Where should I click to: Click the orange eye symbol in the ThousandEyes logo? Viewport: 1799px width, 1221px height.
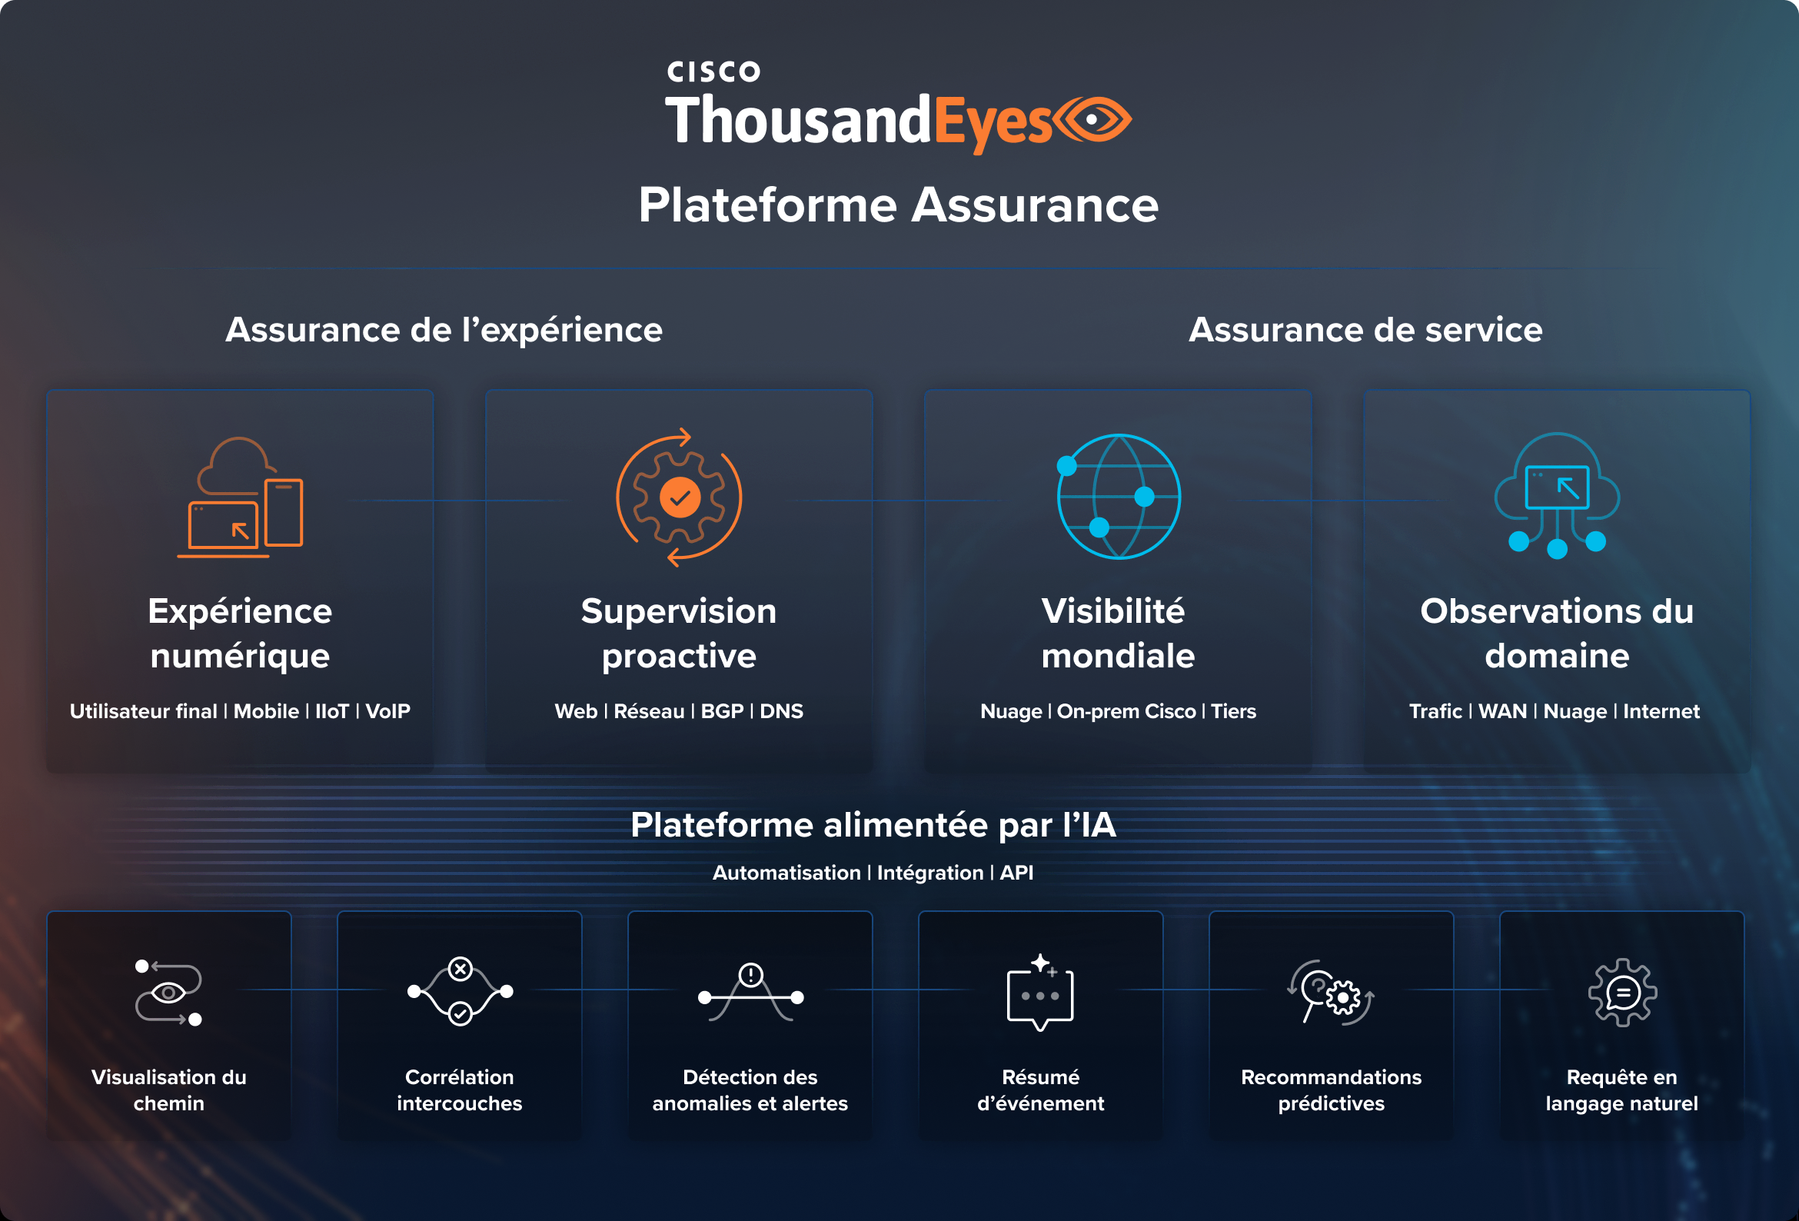(x=1093, y=120)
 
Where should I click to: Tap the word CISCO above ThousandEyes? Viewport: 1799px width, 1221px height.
(x=713, y=72)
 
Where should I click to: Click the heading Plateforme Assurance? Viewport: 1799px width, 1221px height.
(x=898, y=205)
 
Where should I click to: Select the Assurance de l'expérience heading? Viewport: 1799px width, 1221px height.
(x=444, y=330)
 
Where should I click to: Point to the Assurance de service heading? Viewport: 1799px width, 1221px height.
(x=1365, y=330)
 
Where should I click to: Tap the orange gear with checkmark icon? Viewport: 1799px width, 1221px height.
(x=679, y=497)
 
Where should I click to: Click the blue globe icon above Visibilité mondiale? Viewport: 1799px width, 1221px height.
(x=1119, y=496)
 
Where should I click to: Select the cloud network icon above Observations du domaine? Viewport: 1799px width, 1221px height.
(x=1557, y=494)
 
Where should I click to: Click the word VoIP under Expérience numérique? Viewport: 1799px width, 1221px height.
(x=387, y=710)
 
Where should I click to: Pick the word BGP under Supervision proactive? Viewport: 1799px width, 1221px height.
(x=721, y=710)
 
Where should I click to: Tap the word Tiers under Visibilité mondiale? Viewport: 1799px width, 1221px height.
(x=1233, y=710)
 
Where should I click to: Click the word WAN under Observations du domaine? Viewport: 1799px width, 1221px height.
(x=1501, y=710)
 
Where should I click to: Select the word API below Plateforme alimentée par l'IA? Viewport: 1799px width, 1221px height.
(x=1016, y=873)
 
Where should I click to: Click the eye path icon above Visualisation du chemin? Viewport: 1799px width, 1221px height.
(x=169, y=993)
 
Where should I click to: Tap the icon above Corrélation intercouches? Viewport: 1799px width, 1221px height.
(x=460, y=992)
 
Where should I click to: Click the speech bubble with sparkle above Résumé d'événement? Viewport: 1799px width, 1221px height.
(x=1040, y=993)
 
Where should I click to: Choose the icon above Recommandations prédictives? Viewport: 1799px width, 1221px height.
(x=1331, y=993)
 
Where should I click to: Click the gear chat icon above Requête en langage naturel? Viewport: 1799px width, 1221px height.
(x=1621, y=993)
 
